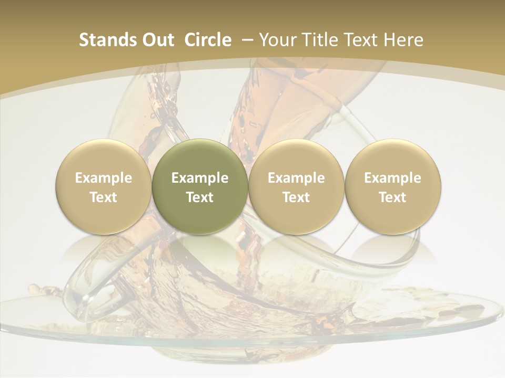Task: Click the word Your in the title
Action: (277, 40)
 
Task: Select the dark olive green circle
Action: (200, 186)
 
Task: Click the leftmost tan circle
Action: (103, 186)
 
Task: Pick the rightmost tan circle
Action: (392, 186)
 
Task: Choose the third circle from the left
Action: (296, 186)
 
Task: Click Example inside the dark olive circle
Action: (200, 178)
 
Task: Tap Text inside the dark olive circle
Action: (200, 197)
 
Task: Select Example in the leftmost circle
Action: (103, 178)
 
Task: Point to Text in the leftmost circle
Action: (103, 197)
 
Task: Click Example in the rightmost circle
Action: (392, 178)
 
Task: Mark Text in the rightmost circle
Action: (392, 197)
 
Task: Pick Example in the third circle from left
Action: (296, 178)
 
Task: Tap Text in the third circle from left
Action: (296, 197)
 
